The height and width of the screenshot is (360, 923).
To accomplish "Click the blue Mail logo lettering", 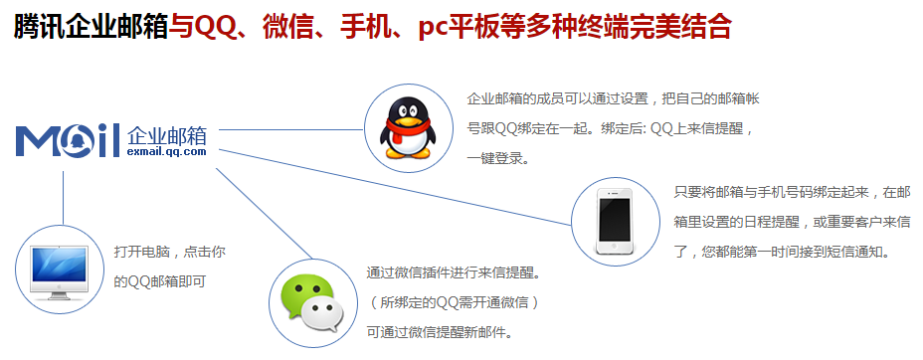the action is pyautogui.click(x=68, y=142).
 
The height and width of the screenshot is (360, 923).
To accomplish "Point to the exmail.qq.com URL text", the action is pyautogui.click(x=166, y=152).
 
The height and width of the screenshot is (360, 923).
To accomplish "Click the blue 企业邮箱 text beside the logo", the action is pyautogui.click(x=166, y=134).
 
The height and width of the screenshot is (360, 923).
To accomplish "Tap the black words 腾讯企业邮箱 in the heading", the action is pyautogui.click(x=91, y=27).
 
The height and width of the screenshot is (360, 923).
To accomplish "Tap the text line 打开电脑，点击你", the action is pyautogui.click(x=162, y=253).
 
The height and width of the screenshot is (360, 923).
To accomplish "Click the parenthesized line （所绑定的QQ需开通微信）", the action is pyautogui.click(x=453, y=301).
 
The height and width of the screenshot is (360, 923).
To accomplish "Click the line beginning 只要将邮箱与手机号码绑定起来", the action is pyautogui.click(x=786, y=192).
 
